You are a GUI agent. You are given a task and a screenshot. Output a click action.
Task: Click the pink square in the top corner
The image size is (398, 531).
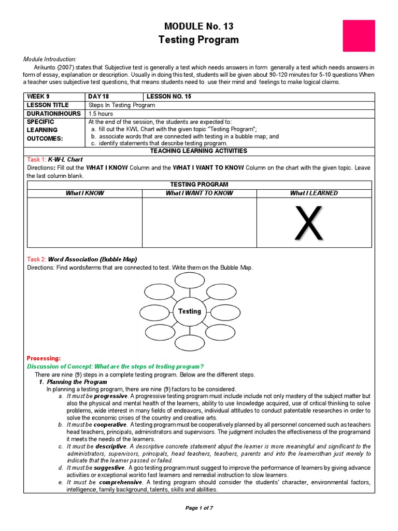[x=359, y=36]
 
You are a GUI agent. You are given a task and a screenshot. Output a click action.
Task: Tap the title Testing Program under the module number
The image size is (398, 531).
[x=198, y=40]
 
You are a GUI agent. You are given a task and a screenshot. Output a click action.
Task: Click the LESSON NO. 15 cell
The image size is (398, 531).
[x=169, y=97]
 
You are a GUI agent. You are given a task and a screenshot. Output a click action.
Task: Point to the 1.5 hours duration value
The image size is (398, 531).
[x=101, y=114]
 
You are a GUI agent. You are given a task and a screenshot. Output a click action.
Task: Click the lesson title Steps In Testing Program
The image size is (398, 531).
[x=122, y=105]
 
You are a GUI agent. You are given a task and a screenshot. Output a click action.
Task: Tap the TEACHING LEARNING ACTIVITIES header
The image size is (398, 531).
[x=198, y=151]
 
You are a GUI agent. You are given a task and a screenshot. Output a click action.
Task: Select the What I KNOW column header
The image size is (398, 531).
[x=84, y=193]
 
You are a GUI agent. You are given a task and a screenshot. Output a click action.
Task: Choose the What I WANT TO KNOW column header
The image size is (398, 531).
[x=199, y=193]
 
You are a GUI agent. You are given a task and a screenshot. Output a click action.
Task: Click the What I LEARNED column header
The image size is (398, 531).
[x=314, y=193]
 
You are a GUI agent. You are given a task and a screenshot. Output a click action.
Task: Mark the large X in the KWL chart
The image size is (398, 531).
[x=308, y=223]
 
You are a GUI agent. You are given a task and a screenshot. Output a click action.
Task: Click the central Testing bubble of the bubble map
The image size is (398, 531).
[x=189, y=312]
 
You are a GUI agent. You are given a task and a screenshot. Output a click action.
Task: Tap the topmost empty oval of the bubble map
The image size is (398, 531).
[x=189, y=280]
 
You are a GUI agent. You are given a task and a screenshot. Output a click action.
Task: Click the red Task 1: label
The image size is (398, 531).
[x=36, y=160]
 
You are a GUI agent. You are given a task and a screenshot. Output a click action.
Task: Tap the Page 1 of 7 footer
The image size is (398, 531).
[x=199, y=508]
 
